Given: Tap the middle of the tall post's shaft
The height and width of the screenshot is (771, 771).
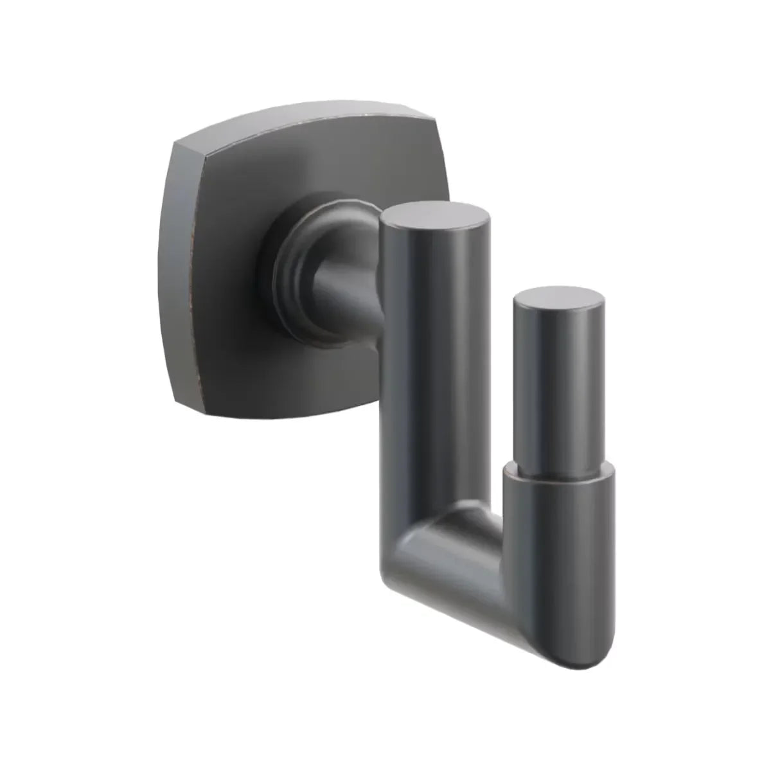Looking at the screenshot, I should [434, 385].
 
